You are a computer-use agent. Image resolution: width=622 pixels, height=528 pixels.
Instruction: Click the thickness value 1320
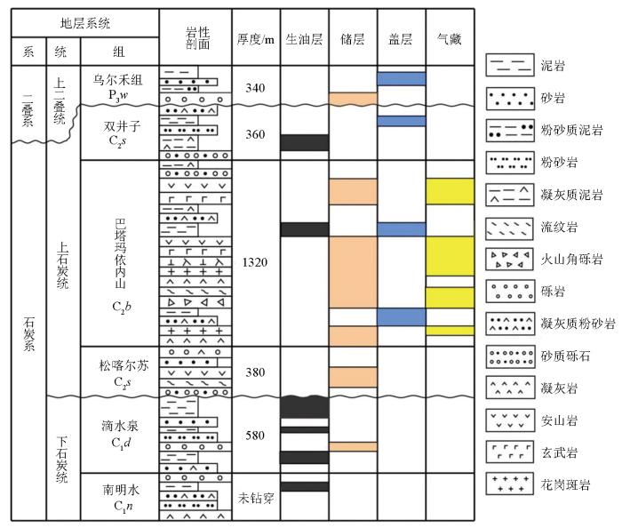[x=255, y=262]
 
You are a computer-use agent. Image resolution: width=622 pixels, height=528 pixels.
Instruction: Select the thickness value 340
[x=255, y=88]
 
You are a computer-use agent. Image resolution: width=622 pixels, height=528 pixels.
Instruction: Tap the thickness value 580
[x=255, y=436]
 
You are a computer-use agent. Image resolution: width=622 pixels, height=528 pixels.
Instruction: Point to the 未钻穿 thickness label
[x=256, y=498]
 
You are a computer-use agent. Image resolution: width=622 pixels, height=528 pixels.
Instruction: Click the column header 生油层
[x=304, y=39]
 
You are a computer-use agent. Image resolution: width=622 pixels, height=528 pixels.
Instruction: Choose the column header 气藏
[x=450, y=39]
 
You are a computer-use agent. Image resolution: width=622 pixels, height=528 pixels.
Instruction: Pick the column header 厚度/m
[x=256, y=39]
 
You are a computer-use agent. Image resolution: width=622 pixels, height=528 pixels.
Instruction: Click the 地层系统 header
[x=85, y=23]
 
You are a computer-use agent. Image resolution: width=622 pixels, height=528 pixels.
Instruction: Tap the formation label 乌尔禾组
[x=118, y=80]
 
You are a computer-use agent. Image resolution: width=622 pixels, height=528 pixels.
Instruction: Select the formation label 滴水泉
[x=120, y=426]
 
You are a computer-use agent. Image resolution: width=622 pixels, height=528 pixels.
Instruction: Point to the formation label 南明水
[x=121, y=490]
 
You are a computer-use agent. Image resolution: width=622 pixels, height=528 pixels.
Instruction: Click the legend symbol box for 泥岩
[x=510, y=65]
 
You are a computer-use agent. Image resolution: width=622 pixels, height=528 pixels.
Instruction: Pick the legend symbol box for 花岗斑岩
[x=510, y=484]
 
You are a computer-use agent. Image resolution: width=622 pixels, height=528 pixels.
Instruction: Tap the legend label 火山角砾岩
[x=572, y=259]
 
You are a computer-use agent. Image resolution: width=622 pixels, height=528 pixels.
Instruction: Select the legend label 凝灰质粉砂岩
[x=578, y=324]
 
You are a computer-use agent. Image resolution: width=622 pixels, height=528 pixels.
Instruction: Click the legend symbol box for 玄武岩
[x=510, y=452]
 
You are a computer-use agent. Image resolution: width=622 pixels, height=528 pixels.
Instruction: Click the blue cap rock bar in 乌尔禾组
[x=402, y=78]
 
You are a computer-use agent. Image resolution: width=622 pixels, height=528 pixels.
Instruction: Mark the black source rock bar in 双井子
[x=305, y=143]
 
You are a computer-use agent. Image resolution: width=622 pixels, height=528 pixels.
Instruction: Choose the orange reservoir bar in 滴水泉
[x=353, y=446]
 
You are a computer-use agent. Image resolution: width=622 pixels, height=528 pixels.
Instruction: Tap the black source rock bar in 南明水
[x=305, y=487]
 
